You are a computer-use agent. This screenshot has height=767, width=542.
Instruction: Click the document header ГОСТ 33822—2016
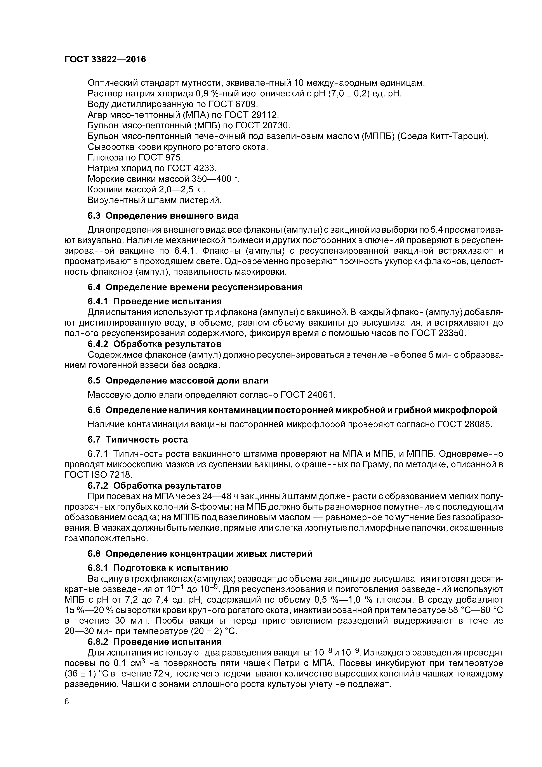(x=105, y=59)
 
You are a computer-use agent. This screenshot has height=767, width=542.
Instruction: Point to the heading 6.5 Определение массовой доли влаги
(x=178, y=380)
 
